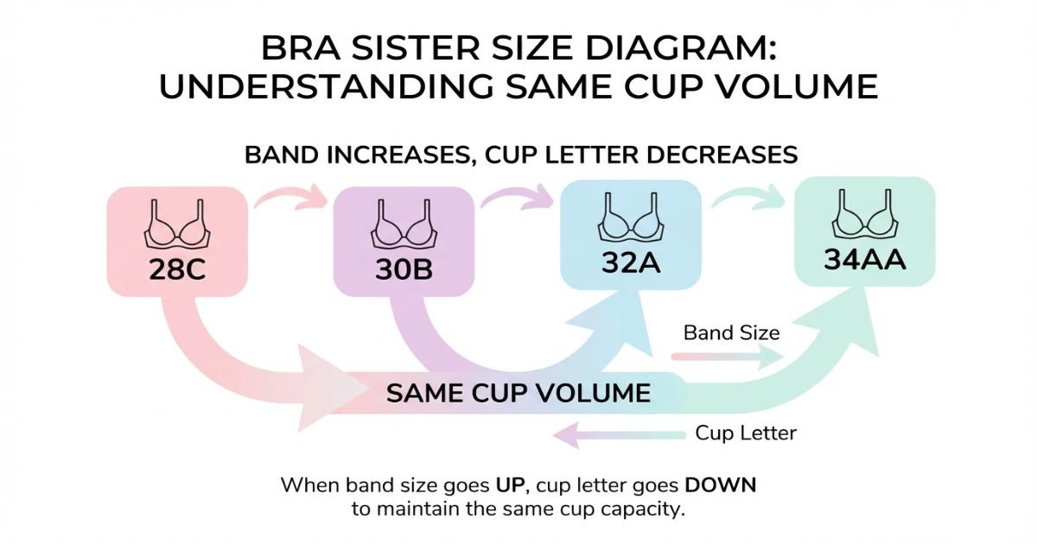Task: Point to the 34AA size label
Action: (x=865, y=259)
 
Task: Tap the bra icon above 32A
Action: (x=631, y=221)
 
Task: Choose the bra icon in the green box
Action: (x=865, y=218)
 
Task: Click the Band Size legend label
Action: (x=731, y=332)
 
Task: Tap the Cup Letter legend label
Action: (x=746, y=433)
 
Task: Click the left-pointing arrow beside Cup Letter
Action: (x=618, y=433)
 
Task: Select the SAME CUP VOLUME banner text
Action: (x=518, y=394)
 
